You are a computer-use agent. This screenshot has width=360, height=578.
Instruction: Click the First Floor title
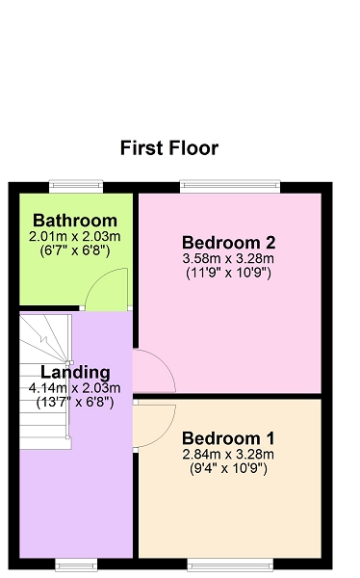(169, 148)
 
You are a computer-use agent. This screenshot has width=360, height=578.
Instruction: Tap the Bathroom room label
(75, 221)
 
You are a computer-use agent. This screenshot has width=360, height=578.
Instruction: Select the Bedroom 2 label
(228, 243)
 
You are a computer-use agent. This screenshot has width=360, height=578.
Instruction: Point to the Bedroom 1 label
(228, 438)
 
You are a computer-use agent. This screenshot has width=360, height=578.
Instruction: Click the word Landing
(75, 372)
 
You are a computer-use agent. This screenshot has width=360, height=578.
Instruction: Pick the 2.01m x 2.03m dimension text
(75, 236)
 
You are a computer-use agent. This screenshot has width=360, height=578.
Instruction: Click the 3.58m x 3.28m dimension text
(228, 259)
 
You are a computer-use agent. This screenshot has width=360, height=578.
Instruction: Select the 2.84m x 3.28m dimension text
(228, 455)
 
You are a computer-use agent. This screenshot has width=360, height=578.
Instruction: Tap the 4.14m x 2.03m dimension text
(75, 388)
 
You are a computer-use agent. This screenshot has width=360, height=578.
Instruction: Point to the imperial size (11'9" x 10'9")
(228, 274)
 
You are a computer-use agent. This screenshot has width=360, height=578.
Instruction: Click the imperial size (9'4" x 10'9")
(228, 469)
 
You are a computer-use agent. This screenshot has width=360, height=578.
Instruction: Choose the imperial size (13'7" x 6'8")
(75, 403)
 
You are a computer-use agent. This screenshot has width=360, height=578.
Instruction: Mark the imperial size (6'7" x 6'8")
(75, 251)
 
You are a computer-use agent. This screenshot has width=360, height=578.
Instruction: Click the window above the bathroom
(76, 186)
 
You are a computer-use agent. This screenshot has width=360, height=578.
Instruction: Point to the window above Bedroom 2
(230, 186)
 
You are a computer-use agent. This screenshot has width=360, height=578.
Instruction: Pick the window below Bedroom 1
(230, 565)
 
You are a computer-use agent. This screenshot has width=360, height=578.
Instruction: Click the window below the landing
(76, 565)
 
